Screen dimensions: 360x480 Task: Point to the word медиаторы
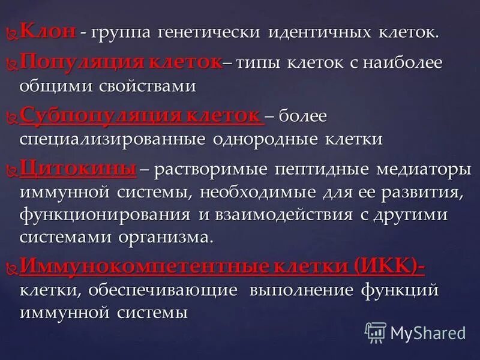[x=424, y=170]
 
